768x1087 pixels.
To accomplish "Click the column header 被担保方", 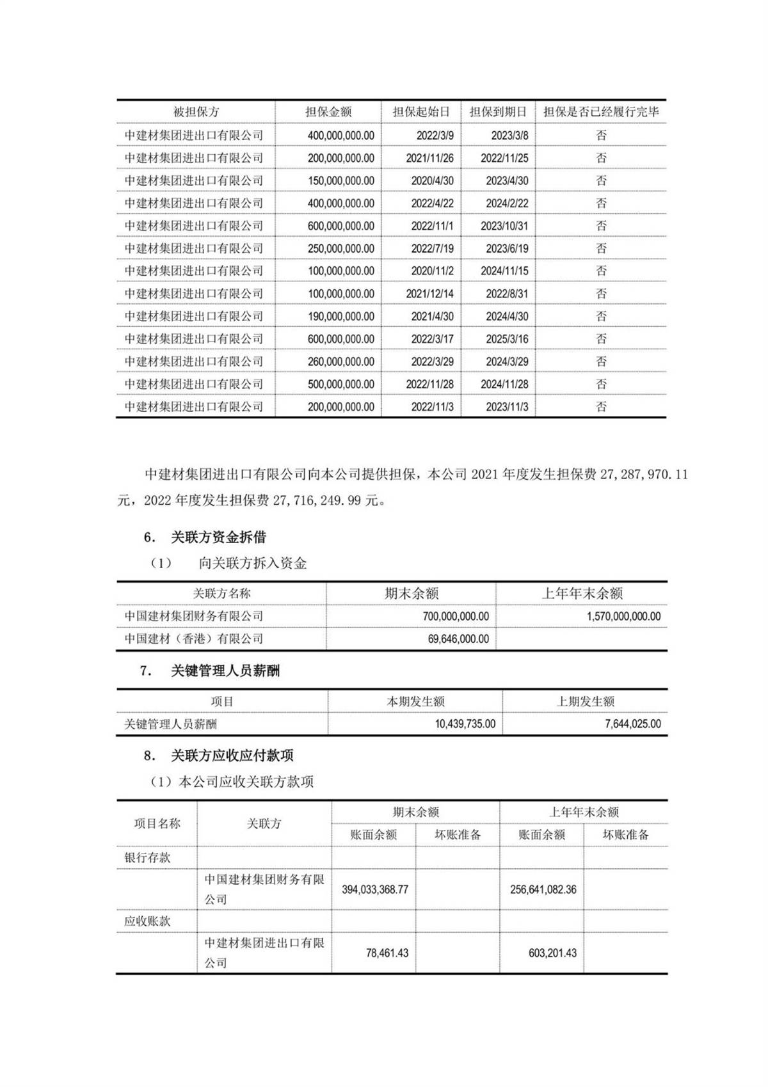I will coord(196,112).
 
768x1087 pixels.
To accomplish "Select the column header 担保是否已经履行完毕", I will coord(601,112).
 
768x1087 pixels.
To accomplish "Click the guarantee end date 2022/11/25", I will coord(504,158).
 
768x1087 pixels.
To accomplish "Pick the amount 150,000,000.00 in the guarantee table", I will coord(341,180).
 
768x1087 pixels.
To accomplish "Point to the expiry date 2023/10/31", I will coord(504,226).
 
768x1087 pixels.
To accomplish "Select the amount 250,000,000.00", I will coord(341,248).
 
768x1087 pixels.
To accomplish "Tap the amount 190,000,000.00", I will coord(341,316).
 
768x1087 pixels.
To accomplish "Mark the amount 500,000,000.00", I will coord(341,384).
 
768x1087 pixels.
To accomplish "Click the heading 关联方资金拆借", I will coord(218,537).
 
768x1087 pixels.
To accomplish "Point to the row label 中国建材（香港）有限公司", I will coord(193,639).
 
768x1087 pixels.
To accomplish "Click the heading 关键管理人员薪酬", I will coord(225,671).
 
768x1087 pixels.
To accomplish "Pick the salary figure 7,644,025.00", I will coord(632,724).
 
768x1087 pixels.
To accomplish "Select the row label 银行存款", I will coord(147,857).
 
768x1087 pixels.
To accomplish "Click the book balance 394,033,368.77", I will coord(374,889).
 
